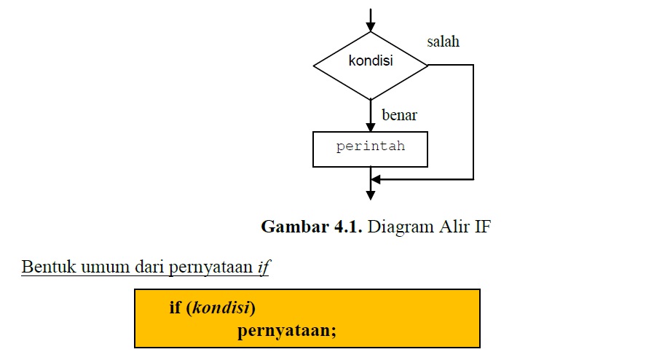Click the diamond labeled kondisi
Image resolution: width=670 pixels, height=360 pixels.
(x=371, y=65)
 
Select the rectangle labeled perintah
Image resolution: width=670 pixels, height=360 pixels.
(x=370, y=149)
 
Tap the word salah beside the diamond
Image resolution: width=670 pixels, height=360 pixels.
(x=443, y=42)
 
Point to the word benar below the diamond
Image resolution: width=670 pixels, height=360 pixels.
(x=399, y=115)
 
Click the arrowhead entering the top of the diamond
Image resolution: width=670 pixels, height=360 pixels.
(x=371, y=27)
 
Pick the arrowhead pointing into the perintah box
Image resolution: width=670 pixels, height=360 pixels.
(x=371, y=127)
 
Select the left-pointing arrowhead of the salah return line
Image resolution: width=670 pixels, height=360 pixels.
(x=376, y=179)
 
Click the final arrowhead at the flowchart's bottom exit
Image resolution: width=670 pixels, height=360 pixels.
(x=371, y=195)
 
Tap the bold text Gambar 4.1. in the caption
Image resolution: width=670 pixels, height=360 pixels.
(x=312, y=227)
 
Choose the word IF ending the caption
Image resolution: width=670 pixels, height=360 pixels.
(x=482, y=227)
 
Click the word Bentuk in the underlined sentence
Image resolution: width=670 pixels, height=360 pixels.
(x=44, y=267)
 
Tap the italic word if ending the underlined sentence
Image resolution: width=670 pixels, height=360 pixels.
(x=264, y=267)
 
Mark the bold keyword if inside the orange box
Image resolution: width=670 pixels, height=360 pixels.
(x=175, y=308)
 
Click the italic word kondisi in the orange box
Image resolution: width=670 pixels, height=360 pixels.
(x=222, y=308)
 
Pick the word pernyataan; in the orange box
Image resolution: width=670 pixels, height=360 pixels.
(x=286, y=331)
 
